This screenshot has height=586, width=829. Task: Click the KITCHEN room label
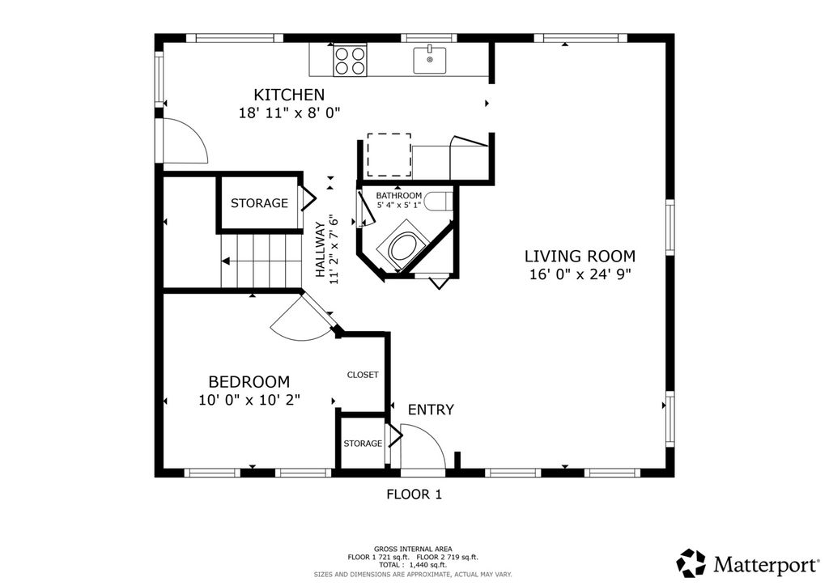coord(289,95)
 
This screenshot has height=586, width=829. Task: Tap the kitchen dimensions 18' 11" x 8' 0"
coord(289,113)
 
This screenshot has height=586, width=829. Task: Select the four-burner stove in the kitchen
coord(350,60)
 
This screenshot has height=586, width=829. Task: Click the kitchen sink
coord(429,60)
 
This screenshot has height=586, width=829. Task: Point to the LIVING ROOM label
coord(580,257)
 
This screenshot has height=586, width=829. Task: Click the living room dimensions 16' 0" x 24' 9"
coord(580,274)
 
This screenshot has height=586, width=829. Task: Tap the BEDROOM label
coord(249,381)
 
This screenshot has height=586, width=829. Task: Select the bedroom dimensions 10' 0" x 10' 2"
coord(249,400)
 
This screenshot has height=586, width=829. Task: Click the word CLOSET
coord(363,375)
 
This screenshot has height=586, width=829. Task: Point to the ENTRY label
coord(431,410)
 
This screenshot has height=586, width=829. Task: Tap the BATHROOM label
coord(398,196)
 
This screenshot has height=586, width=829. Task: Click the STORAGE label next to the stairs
coord(259,203)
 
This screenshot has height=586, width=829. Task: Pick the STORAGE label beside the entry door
coord(363,444)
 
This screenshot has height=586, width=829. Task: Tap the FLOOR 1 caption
coord(414,495)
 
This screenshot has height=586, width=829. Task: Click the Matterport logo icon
coord(691,563)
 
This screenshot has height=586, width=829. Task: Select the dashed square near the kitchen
coord(389,155)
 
